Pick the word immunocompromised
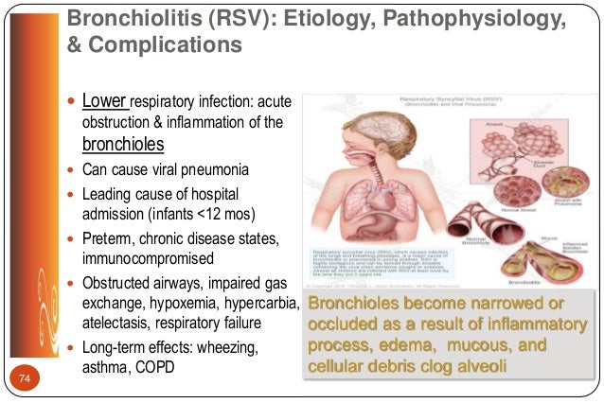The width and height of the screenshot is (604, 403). coord(147,258)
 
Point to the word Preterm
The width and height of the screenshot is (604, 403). coord(107,237)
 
